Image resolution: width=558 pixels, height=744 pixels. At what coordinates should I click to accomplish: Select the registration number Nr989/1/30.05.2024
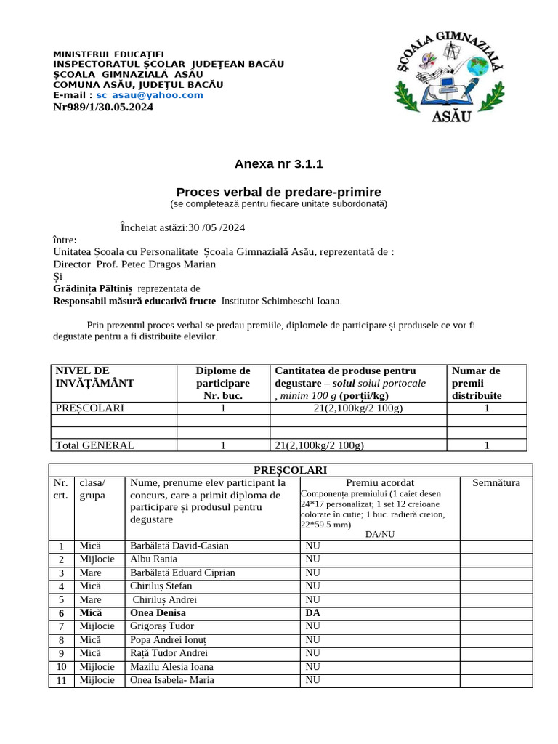point(103,108)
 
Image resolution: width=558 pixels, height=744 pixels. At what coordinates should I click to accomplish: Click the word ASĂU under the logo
point(451,116)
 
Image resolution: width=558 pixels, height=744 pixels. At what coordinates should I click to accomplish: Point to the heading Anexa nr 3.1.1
point(278,164)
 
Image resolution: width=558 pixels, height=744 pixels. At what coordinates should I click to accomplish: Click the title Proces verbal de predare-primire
point(278,192)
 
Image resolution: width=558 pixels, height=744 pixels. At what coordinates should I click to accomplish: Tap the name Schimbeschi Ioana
point(280,301)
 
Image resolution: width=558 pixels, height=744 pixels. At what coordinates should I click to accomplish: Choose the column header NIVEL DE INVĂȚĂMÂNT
point(95,376)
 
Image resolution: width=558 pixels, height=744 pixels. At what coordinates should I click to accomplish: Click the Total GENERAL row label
point(94,445)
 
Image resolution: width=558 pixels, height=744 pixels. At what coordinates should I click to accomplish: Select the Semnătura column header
point(496,482)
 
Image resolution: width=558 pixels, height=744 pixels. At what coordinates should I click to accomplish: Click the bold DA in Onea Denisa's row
point(313,612)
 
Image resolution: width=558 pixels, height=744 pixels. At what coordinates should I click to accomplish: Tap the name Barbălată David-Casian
point(179,546)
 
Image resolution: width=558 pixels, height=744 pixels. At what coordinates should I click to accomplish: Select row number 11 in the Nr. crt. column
point(62,681)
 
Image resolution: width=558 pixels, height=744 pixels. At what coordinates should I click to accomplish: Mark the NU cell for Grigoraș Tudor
point(313,626)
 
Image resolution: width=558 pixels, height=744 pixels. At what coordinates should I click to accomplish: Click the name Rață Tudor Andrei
point(169,652)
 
